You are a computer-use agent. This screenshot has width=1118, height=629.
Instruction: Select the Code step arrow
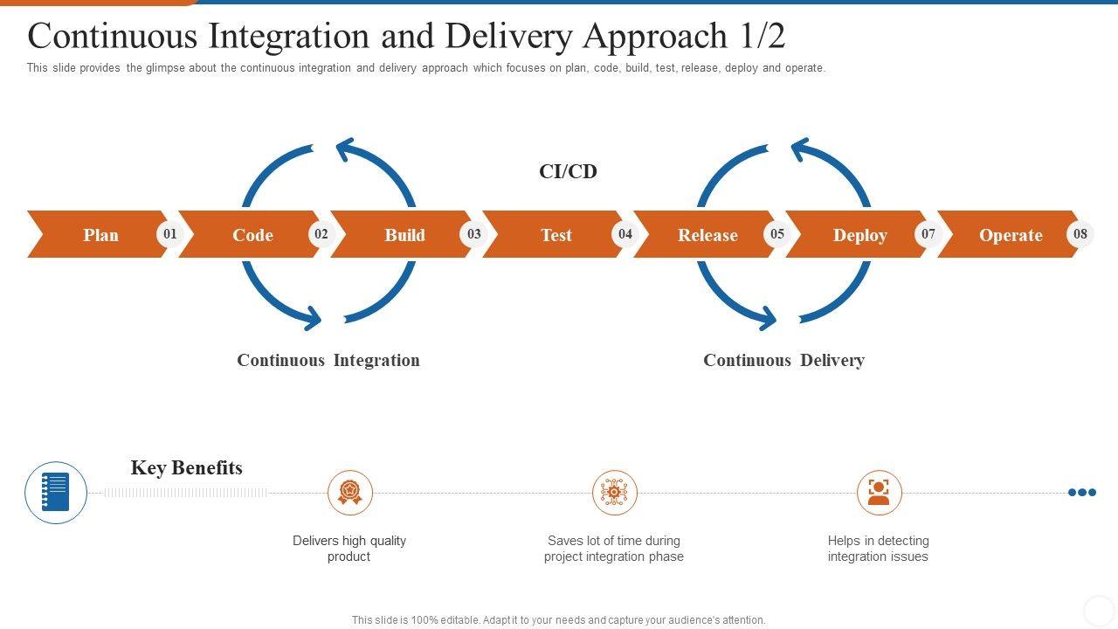click(x=251, y=234)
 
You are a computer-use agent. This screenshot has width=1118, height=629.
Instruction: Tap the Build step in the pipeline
click(x=403, y=234)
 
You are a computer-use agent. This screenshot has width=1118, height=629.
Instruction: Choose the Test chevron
click(x=554, y=234)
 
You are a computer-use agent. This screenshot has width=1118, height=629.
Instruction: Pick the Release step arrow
click(x=706, y=234)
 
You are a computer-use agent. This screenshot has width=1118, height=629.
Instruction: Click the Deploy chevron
click(x=858, y=234)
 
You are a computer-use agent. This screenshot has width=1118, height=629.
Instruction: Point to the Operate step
click(x=1009, y=234)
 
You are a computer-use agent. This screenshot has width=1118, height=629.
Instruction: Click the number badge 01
click(x=170, y=234)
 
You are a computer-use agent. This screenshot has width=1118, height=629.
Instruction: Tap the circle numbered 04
click(x=625, y=234)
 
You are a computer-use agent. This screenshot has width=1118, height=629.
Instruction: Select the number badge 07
click(x=928, y=234)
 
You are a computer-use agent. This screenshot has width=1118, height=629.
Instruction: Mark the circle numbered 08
click(x=1080, y=234)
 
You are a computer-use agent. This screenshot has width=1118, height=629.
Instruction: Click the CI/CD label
click(x=568, y=172)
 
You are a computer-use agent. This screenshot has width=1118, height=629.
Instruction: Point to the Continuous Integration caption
click(x=328, y=361)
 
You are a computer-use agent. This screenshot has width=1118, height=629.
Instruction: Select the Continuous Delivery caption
click(x=783, y=361)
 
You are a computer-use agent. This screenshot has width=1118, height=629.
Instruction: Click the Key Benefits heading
click(x=187, y=468)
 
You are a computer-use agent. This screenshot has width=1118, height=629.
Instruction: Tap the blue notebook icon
click(x=56, y=492)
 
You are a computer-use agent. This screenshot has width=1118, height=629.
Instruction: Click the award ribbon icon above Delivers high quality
click(x=350, y=493)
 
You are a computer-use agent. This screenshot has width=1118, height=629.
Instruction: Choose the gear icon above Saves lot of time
click(x=614, y=493)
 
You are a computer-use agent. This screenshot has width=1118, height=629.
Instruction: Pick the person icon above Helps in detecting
click(x=879, y=493)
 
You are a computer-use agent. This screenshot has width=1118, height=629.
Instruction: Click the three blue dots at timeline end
click(x=1082, y=493)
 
